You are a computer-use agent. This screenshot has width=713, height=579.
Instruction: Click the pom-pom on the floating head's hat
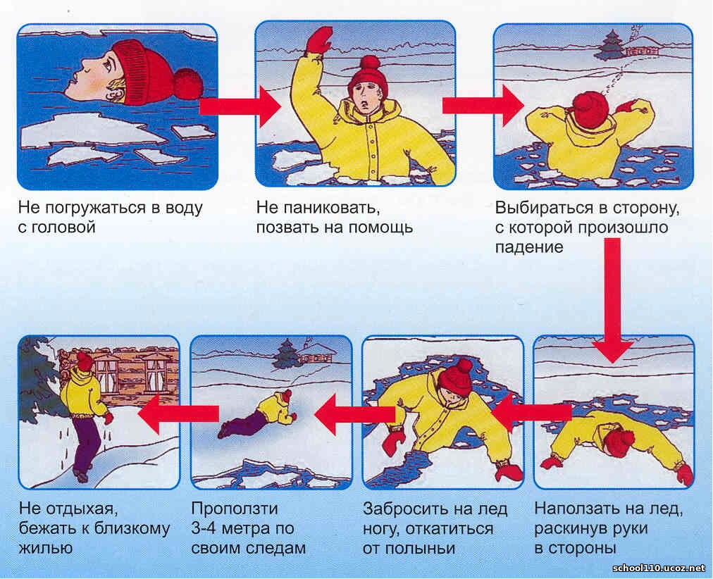[x=188, y=84]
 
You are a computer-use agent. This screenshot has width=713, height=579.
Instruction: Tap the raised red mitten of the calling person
[x=318, y=40]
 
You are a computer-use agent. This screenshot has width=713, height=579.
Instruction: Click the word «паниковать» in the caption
[x=331, y=208]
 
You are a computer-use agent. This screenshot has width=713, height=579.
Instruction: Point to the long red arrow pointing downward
[x=612, y=300]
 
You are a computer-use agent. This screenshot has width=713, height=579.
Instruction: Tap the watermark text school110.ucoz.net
[x=659, y=568]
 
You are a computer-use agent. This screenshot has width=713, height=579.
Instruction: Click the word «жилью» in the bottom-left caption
[x=46, y=548]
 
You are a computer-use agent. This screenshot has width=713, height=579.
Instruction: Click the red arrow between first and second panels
[x=240, y=107]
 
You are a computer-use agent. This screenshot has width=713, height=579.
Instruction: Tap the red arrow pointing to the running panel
[x=179, y=414]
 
